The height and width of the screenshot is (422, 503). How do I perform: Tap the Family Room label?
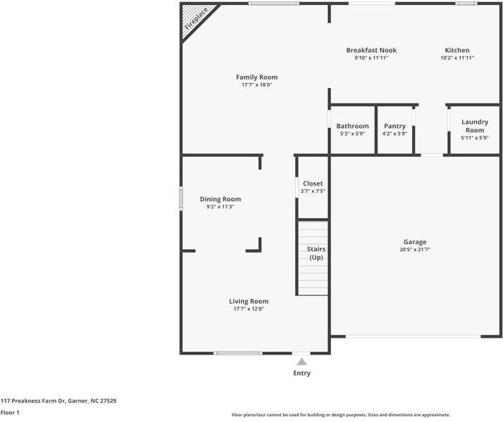pyautogui.click(x=256, y=77)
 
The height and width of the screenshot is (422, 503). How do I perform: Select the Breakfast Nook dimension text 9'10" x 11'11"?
pyautogui.click(x=371, y=58)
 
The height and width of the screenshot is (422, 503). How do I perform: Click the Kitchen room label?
pyautogui.click(x=457, y=50)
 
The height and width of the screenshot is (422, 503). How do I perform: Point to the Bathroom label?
pyautogui.click(x=352, y=126)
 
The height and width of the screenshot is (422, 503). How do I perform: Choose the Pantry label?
pyautogui.click(x=395, y=126)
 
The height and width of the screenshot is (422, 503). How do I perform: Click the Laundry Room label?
pyautogui.click(x=475, y=126)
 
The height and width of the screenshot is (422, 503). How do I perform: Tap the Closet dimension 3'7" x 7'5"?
pyautogui.click(x=313, y=191)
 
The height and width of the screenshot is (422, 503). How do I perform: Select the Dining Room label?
pyautogui.click(x=221, y=199)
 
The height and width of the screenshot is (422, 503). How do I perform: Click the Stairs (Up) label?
pyautogui.click(x=316, y=253)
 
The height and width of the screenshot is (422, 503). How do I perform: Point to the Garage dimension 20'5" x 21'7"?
pyautogui.click(x=415, y=250)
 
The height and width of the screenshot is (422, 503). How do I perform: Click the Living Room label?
pyautogui.click(x=249, y=301)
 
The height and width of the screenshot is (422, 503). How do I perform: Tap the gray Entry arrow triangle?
pyautogui.click(x=302, y=362)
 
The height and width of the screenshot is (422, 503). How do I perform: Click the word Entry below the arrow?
pyautogui.click(x=302, y=373)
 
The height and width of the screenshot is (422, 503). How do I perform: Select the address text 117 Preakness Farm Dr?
pyautogui.click(x=33, y=400)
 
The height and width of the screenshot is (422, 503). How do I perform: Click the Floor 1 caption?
pyautogui.click(x=10, y=412)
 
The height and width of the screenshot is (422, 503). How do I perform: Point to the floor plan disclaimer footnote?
pyautogui.click(x=341, y=415)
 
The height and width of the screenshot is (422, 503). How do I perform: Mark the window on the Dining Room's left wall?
pyautogui.click(x=181, y=198)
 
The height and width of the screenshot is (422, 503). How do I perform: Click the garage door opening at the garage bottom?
pyautogui.click(x=413, y=336)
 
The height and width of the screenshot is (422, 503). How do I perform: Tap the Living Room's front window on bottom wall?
pyautogui.click(x=238, y=353)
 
